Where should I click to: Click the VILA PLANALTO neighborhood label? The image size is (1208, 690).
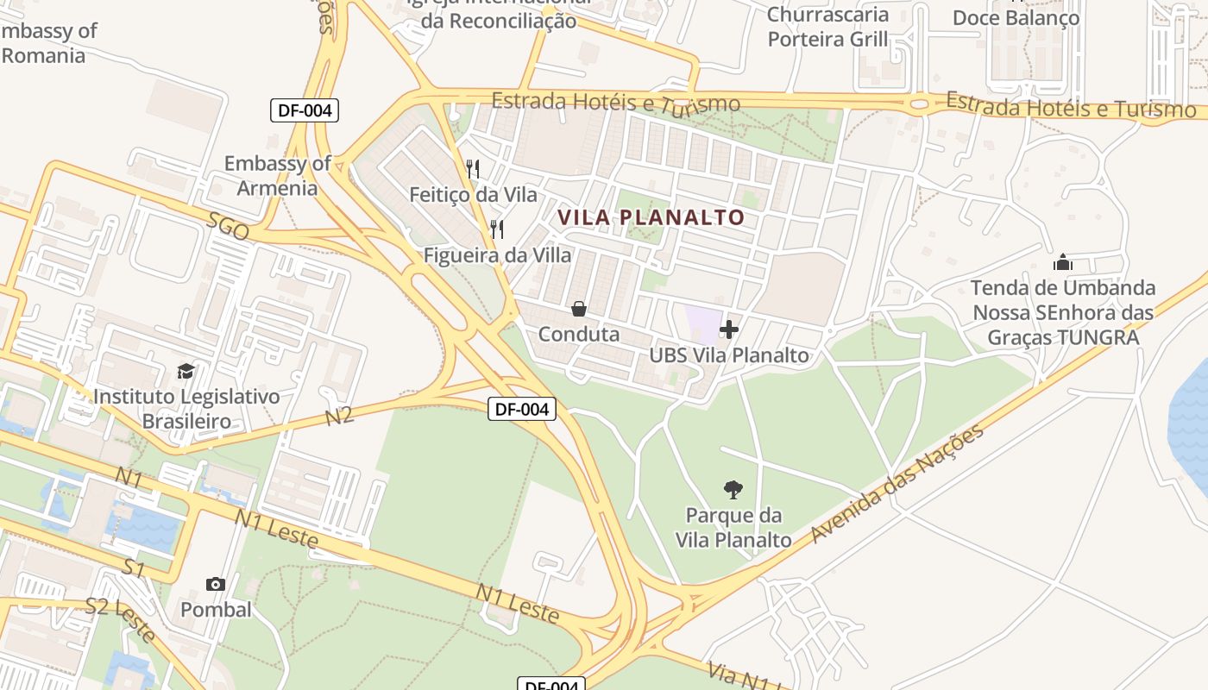click(651, 217)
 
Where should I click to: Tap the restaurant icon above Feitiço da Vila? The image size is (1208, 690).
click(472, 169)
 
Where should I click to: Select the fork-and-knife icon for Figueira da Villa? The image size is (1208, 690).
click(496, 229)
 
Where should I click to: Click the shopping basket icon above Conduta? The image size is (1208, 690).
click(579, 308)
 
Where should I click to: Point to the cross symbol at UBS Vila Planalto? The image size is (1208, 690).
click(729, 329)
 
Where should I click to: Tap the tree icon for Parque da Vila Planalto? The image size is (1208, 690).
click(733, 490)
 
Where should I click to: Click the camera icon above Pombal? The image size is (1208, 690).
click(216, 584)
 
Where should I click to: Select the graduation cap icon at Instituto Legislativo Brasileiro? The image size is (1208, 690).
click(186, 371)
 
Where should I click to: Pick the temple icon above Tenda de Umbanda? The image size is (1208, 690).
click(1063, 261)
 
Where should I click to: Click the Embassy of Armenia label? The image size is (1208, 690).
click(278, 175)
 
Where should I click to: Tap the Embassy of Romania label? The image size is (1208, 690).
click(47, 43)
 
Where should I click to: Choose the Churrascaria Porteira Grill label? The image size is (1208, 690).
click(827, 27)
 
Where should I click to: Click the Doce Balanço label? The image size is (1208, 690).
click(1016, 18)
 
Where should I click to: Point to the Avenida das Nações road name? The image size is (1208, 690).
click(897, 484)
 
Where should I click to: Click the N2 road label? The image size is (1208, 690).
click(339, 416)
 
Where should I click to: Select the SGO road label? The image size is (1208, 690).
click(228, 227)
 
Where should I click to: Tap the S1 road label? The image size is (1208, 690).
click(132, 568)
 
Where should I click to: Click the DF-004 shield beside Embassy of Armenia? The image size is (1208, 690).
click(304, 110)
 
